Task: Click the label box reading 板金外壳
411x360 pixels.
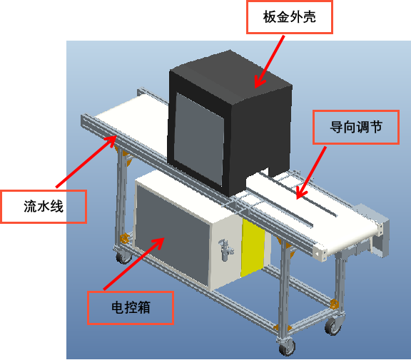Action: click(x=290, y=17)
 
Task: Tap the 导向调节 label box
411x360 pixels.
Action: click(x=356, y=127)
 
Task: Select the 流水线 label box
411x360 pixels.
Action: click(x=44, y=207)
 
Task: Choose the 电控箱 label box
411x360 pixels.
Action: click(x=131, y=308)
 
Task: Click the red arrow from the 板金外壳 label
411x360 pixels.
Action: click(x=270, y=62)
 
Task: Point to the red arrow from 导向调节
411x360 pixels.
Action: click(x=311, y=173)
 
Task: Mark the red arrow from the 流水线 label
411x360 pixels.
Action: click(x=86, y=162)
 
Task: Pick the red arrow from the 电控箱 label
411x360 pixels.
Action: click(x=133, y=264)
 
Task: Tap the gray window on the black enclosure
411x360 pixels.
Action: click(x=199, y=139)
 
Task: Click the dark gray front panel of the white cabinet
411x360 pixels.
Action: click(x=172, y=236)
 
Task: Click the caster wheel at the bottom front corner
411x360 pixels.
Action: click(x=287, y=347)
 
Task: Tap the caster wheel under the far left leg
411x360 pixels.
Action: click(x=123, y=257)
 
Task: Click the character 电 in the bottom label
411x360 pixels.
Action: click(x=117, y=308)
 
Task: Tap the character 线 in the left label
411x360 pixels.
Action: click(x=57, y=207)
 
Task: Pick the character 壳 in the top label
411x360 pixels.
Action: click(x=309, y=17)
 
